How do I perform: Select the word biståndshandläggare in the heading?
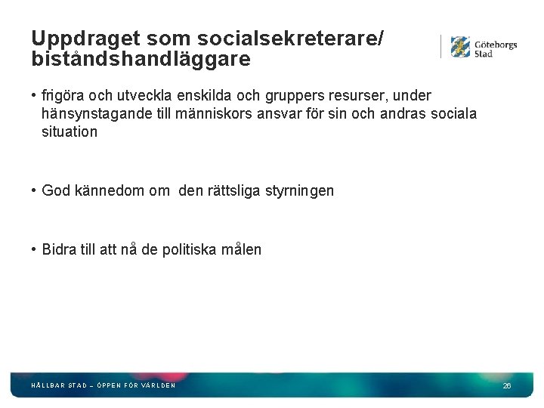(141, 59)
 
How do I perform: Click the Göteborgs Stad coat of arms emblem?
(460, 47)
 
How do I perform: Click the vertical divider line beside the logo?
(441, 47)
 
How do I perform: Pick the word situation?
(70, 132)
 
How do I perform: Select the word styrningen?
(299, 191)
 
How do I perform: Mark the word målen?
(243, 250)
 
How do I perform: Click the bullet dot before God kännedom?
(35, 191)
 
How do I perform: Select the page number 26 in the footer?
(507, 386)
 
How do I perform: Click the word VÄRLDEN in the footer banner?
(159, 385)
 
